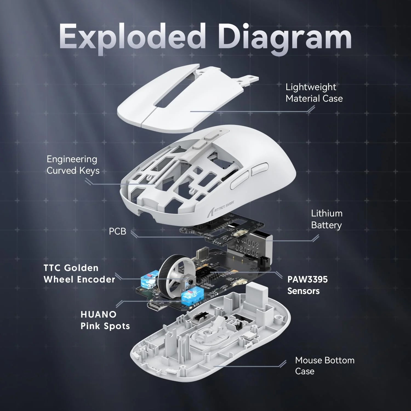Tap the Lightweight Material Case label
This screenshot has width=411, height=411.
pyautogui.click(x=314, y=93)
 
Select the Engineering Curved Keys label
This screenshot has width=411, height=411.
pyautogui.click(x=73, y=165)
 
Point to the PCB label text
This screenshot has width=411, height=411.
pyautogui.click(x=118, y=231)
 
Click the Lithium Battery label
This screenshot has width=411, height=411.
pyautogui.click(x=327, y=219)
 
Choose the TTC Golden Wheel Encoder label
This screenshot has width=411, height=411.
pyautogui.click(x=79, y=273)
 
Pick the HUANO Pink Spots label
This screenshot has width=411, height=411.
pyautogui.click(x=105, y=320)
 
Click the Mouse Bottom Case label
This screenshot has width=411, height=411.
pyautogui.click(x=324, y=366)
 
